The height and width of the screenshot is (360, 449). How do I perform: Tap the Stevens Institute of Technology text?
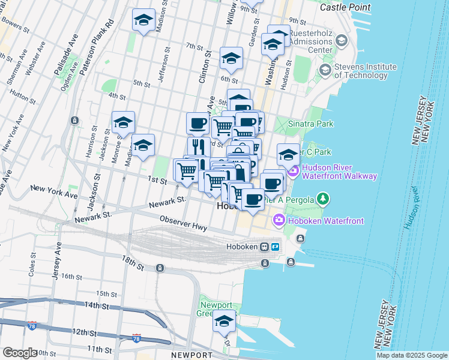365,71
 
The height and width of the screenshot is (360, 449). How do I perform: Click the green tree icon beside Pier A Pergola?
324,198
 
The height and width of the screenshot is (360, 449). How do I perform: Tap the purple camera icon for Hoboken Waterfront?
279,220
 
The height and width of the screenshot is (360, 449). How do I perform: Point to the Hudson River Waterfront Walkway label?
339,172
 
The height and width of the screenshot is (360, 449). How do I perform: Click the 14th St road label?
95,305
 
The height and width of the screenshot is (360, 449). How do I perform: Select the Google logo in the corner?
20,353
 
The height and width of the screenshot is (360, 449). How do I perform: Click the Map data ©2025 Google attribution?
411,355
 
